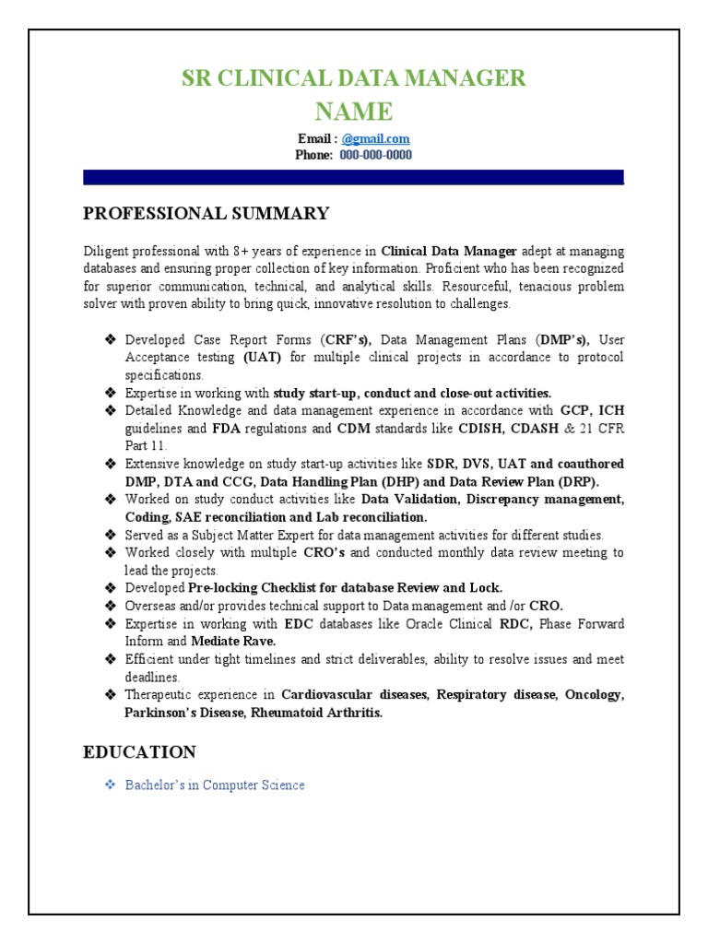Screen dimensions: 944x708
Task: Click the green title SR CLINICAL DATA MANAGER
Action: [354, 78]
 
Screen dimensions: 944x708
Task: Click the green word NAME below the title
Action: [354, 112]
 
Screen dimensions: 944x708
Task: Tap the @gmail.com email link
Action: [375, 139]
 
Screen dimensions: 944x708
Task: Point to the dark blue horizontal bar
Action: [354, 177]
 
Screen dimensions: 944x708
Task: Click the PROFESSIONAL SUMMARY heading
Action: [206, 214]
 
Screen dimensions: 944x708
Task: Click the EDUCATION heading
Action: [139, 752]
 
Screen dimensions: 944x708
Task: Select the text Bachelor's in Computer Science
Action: [215, 785]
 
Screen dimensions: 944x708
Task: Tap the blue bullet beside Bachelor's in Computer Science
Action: [109, 785]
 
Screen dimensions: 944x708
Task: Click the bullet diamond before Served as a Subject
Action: [109, 535]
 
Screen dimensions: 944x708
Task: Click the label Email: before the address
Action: [317, 139]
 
